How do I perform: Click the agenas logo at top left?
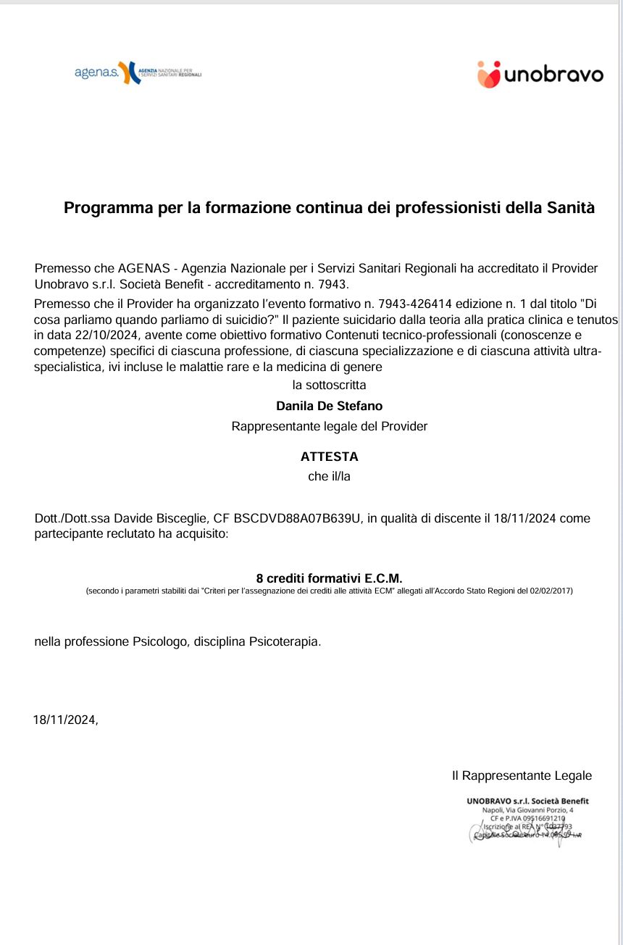(138, 72)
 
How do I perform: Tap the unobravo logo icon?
(488, 74)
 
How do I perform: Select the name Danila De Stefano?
(329, 406)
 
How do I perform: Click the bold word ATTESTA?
(329, 457)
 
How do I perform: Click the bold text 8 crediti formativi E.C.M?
(329, 578)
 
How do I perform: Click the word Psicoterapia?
(283, 641)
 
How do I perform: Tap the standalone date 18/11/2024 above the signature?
(64, 720)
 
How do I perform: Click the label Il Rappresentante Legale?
(522, 776)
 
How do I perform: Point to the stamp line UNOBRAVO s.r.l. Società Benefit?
(527, 801)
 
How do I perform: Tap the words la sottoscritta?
(329, 385)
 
